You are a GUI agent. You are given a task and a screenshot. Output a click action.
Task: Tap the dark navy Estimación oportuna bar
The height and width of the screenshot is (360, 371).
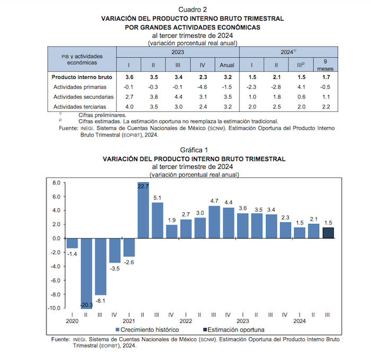(x=329, y=232)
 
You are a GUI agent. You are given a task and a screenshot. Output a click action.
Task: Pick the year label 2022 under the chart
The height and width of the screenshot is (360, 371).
(x=185, y=321)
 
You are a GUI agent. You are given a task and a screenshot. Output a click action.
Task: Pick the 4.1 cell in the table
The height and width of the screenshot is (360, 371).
(x=300, y=87)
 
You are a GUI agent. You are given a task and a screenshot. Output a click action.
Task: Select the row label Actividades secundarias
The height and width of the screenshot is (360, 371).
(x=84, y=97)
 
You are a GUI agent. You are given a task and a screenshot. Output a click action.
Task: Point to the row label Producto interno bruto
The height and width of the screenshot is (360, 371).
(x=82, y=77)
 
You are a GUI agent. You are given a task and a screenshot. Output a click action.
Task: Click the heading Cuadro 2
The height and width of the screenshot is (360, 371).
(x=193, y=10)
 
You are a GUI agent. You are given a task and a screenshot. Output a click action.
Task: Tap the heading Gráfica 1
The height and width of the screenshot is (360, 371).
(x=193, y=150)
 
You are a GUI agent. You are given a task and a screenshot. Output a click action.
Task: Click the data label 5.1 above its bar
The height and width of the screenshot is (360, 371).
(x=157, y=199)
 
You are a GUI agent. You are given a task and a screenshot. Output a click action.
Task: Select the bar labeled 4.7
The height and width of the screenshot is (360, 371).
(x=214, y=222)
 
